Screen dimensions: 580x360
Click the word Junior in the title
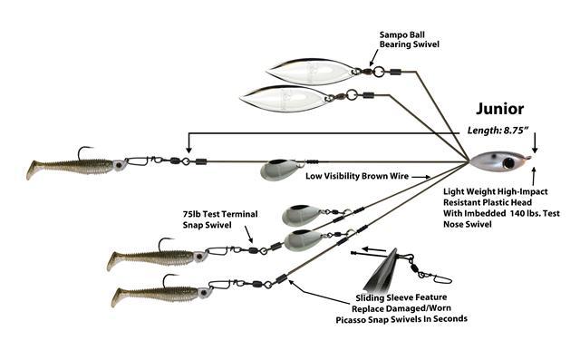pyautogui.click(x=499, y=109)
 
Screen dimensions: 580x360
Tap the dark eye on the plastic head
pyautogui.click(x=509, y=162)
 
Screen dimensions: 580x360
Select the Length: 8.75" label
pyautogui.click(x=498, y=131)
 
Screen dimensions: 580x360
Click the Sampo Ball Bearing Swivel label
pyautogui.click(x=409, y=40)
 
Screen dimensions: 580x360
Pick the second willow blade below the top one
pyautogui.click(x=284, y=98)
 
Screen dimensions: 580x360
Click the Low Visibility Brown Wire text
pyautogui.click(x=357, y=176)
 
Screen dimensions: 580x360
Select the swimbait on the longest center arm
pyautogui.click(x=74, y=167)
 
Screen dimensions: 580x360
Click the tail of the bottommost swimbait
pyautogui.click(x=118, y=297)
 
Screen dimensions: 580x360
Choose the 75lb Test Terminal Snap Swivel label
pyautogui.click(x=220, y=219)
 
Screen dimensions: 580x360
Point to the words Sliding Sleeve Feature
pyautogui.click(x=401, y=297)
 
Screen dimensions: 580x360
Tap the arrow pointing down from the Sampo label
pyautogui.click(x=374, y=57)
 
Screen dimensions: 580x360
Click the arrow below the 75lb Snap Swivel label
pyautogui.click(x=248, y=235)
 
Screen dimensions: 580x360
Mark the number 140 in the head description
pyautogui.click(x=517, y=213)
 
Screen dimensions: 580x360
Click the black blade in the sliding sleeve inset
pyautogui.click(x=381, y=271)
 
